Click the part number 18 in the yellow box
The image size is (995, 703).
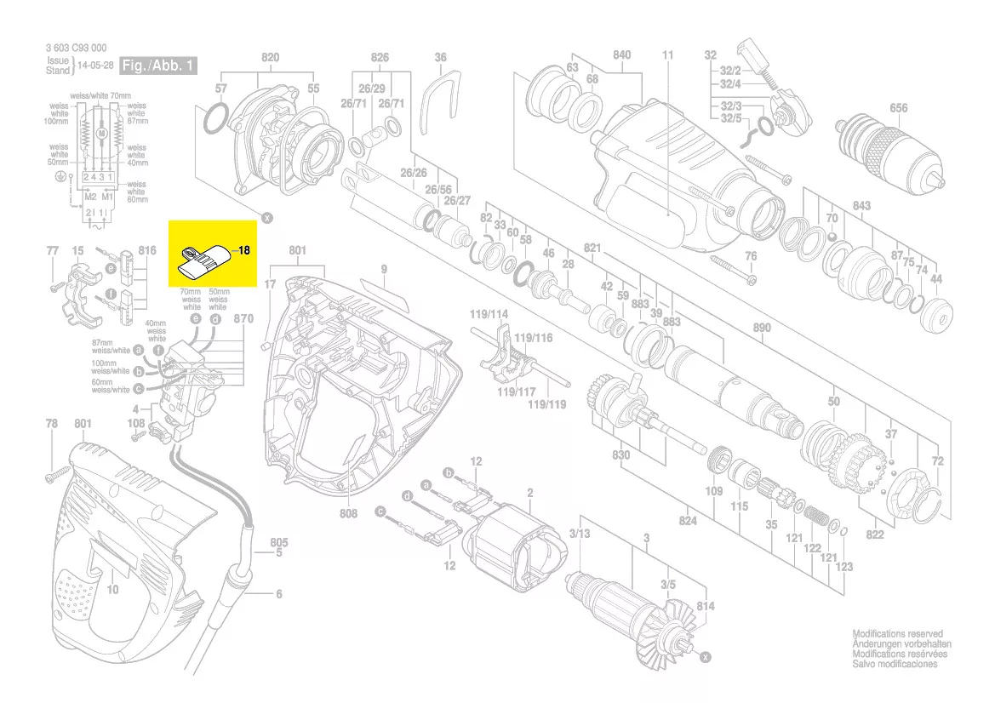point(243,251)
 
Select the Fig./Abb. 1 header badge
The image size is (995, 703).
point(158,65)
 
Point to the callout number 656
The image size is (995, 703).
point(898,108)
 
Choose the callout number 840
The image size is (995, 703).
point(621,55)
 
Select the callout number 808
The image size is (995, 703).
point(348,514)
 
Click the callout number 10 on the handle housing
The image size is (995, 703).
point(112,589)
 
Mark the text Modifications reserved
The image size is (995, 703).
point(897,634)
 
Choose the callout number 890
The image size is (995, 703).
point(762,328)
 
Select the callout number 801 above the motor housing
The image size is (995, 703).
point(297,250)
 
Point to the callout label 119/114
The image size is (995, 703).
point(489,314)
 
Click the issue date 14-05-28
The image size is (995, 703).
point(94,65)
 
